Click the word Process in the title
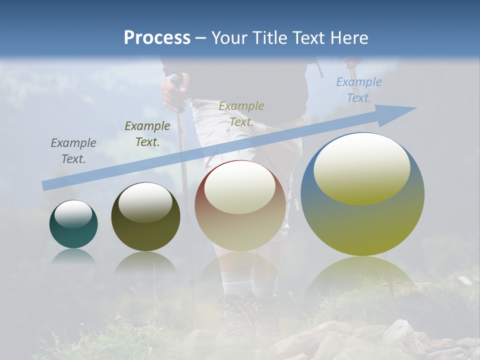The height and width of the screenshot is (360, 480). tap(157, 37)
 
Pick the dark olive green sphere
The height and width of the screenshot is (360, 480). tap(145, 235)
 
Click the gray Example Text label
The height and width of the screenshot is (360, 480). tap(73, 150)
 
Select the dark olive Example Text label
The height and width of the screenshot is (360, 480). tap(147, 133)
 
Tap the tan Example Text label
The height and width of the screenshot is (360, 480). tap(241, 113)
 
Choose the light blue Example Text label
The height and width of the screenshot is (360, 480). tap(359, 89)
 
